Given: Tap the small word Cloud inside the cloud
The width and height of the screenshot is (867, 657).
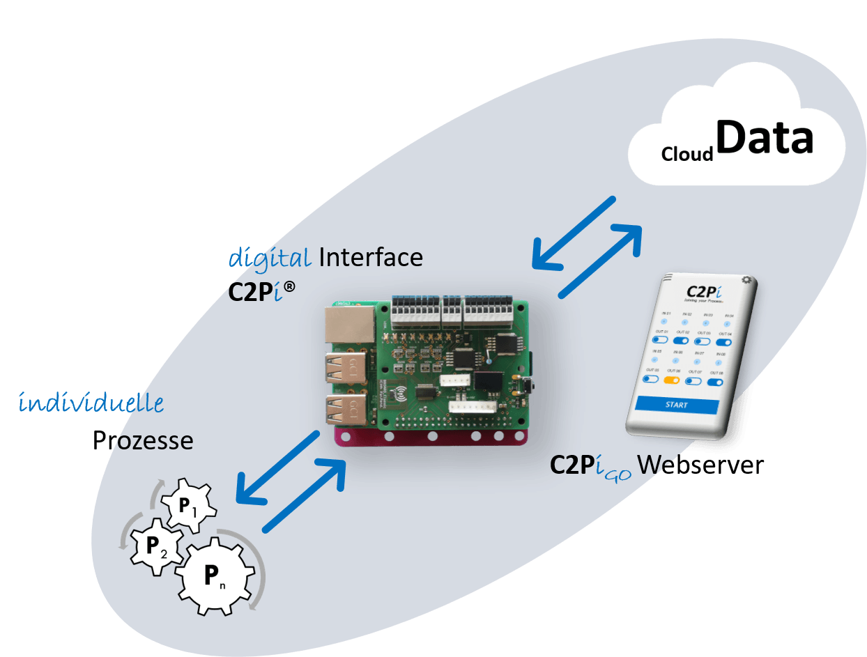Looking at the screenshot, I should coord(687,153).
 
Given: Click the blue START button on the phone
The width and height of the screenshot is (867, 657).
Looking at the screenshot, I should coord(677,405).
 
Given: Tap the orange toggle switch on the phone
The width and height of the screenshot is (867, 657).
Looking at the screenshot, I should coord(673,380).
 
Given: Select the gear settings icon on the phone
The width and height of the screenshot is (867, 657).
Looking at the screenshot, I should coord(747,280).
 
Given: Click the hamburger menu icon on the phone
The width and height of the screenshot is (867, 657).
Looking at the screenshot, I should coord(668,277).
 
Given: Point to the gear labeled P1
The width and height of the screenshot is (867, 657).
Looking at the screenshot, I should coord(187,505).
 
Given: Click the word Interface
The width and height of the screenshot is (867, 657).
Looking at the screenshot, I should coord(370,258).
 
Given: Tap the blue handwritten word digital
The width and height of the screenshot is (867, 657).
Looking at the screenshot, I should coord(270,258).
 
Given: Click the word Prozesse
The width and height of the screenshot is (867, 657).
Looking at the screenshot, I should coord(143,440).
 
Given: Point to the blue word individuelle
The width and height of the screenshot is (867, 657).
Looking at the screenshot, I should coord(91,403).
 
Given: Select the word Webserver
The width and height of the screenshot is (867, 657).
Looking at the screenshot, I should coord(700,465).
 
